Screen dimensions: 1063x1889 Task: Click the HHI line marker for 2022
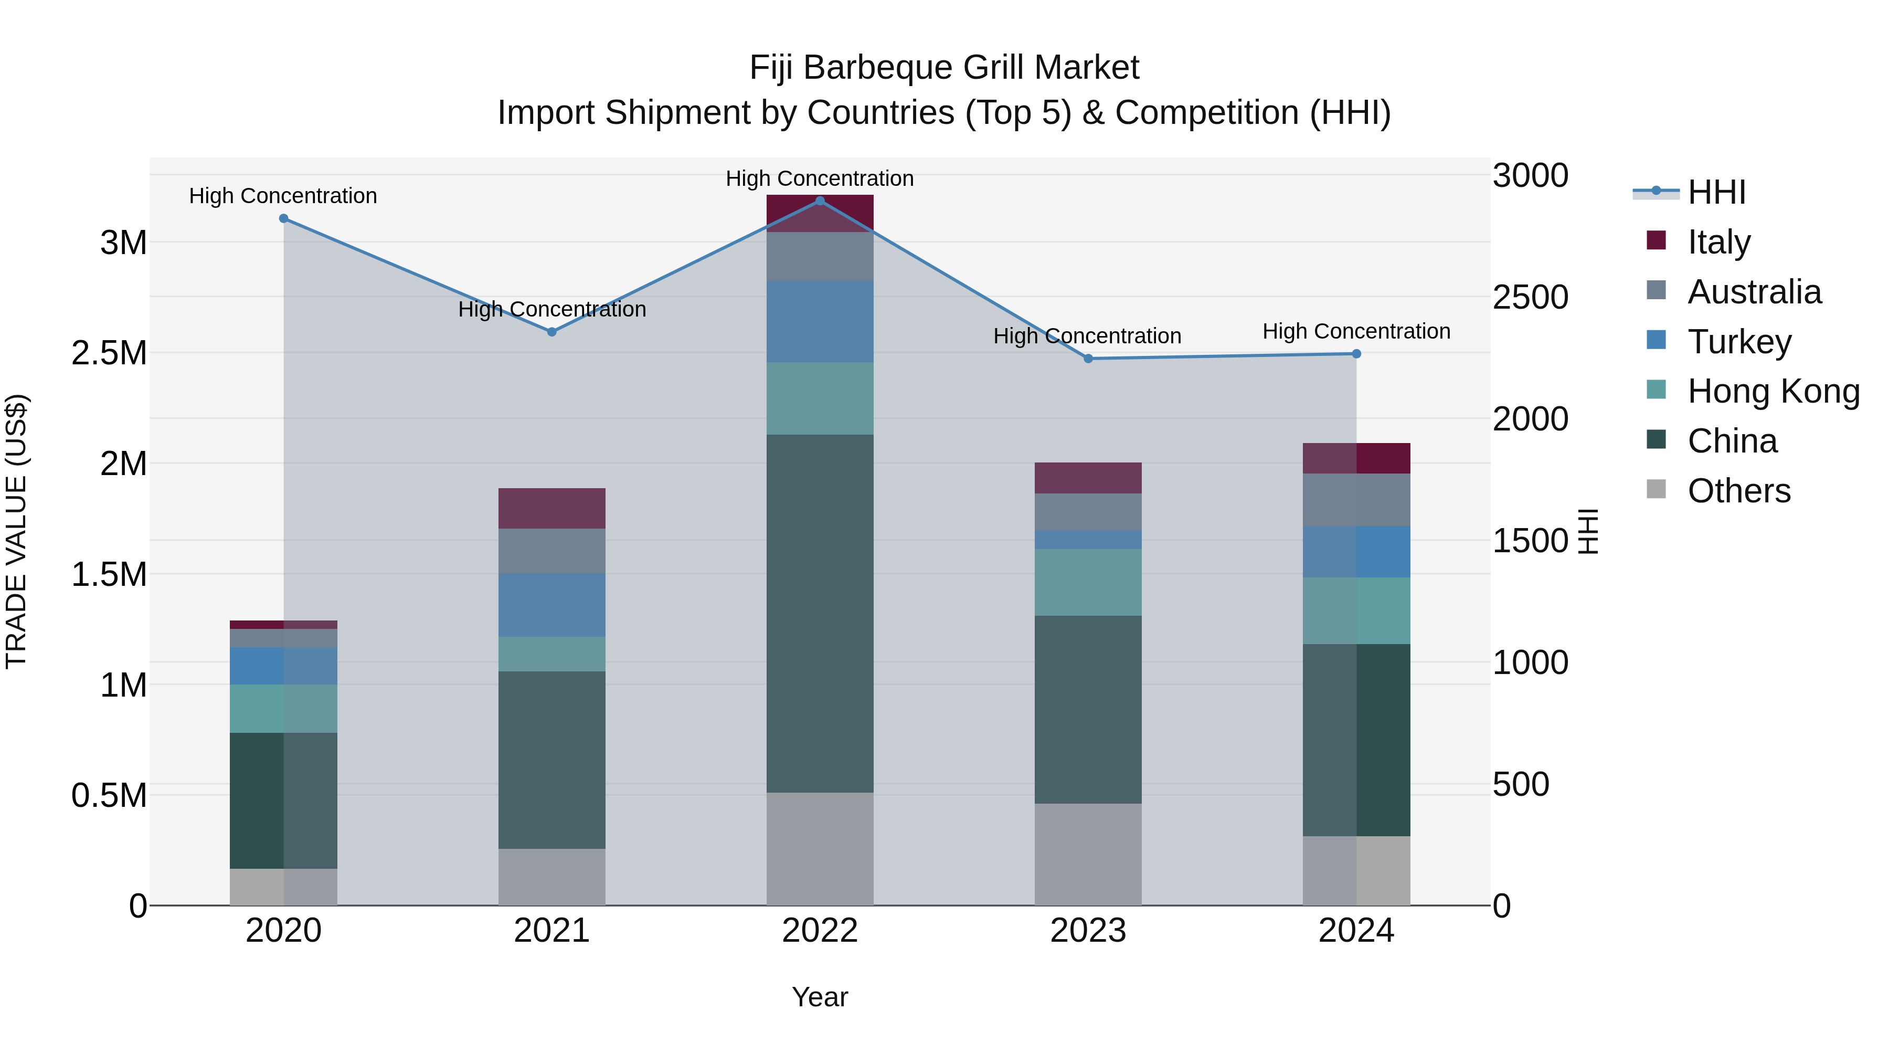(x=820, y=201)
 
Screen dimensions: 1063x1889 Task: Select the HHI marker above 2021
(x=552, y=332)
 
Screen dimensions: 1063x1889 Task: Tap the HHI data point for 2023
(x=1088, y=359)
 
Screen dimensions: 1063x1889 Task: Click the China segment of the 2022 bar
(x=820, y=613)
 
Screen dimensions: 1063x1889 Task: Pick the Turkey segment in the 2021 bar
(x=552, y=605)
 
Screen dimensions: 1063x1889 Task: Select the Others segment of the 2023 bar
(x=1088, y=854)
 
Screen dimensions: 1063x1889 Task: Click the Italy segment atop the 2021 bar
(x=552, y=508)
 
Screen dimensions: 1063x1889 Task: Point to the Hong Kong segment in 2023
(x=1088, y=583)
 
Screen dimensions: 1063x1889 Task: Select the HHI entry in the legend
(x=1716, y=192)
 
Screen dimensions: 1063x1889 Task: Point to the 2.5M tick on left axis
(x=109, y=353)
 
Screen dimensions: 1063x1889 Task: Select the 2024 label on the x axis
(x=1356, y=931)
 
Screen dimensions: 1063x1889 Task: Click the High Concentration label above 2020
(x=283, y=196)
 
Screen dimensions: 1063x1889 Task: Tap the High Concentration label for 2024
(x=1356, y=332)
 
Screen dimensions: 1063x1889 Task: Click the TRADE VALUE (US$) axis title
(x=16, y=531)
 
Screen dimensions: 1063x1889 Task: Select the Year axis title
(x=820, y=997)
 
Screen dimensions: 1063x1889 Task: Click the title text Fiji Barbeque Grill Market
(x=944, y=68)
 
